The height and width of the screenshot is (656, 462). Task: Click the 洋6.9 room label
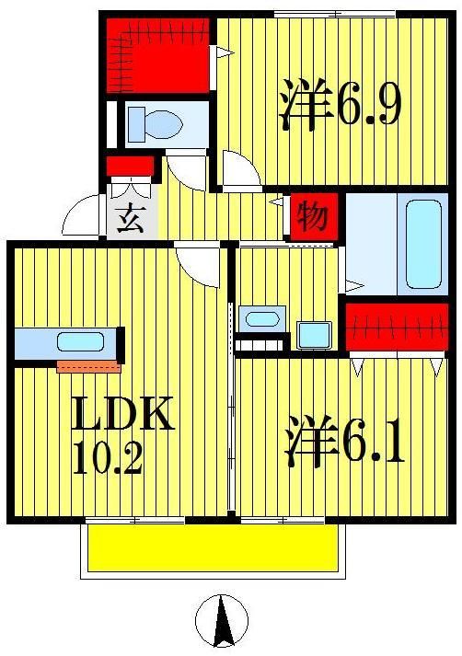(339, 106)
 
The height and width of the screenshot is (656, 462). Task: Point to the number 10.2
(108, 457)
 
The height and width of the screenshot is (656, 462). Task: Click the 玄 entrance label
(131, 222)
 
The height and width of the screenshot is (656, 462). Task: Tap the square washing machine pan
(314, 334)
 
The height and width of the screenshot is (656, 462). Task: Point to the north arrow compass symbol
(222, 620)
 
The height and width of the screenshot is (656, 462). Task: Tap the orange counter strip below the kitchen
(88, 367)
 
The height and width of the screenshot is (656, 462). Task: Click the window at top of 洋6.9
(335, 13)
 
